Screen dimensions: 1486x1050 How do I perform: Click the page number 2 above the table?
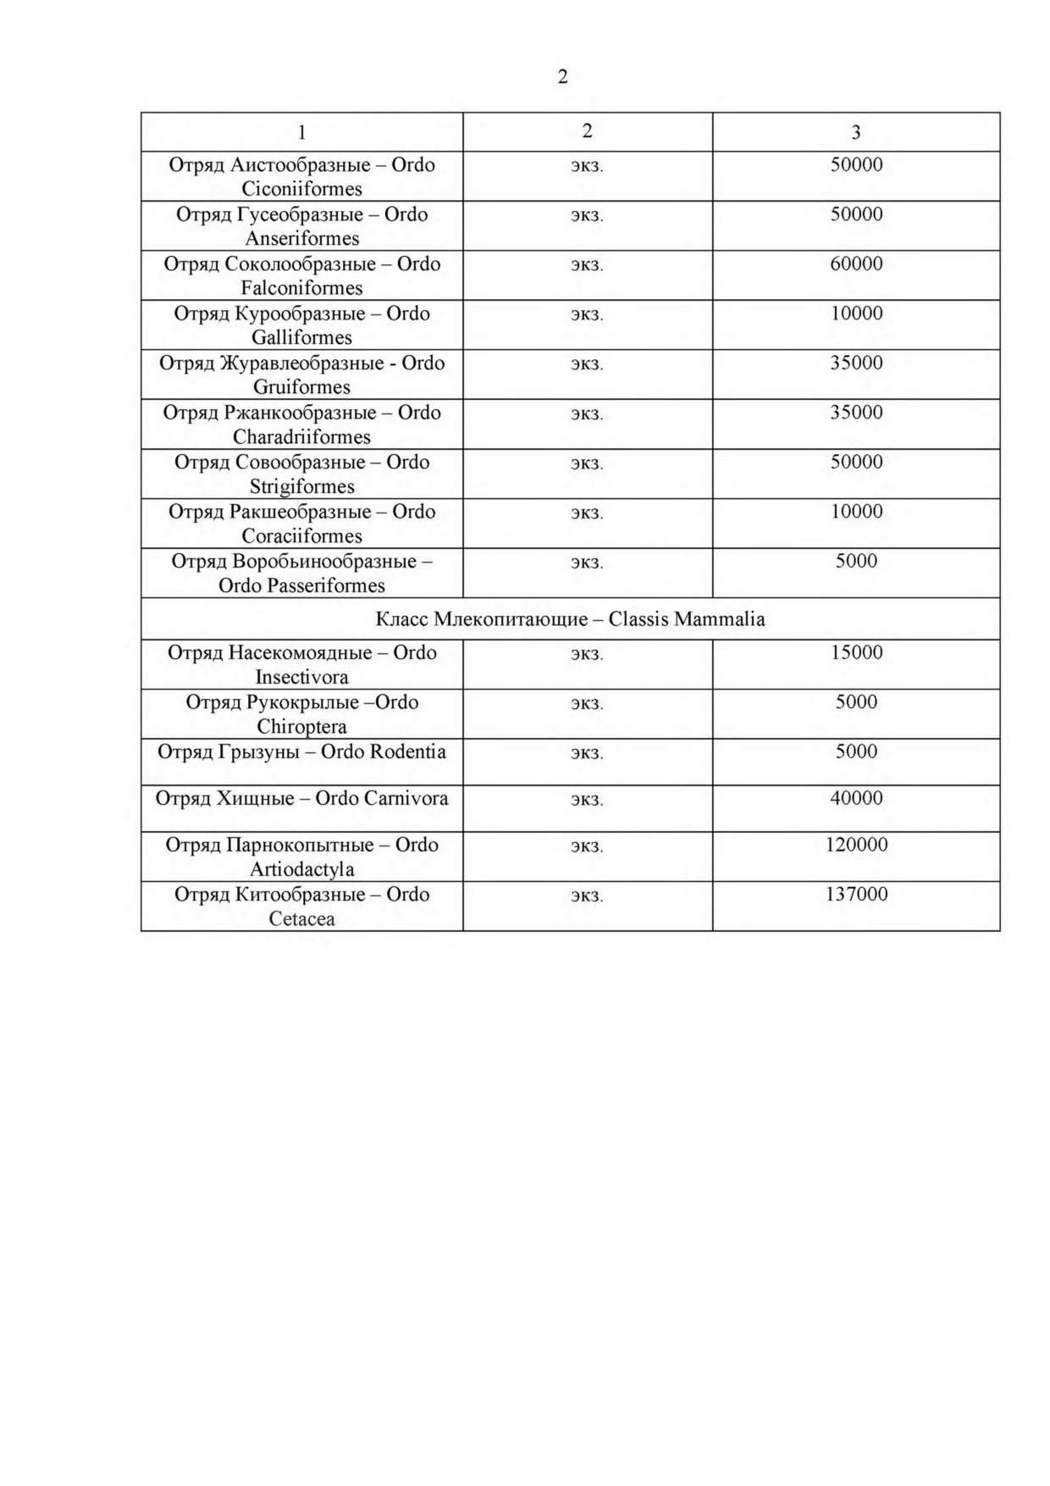coord(562,77)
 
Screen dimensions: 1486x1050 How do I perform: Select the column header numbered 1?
coord(301,133)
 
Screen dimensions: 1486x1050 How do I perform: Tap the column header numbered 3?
coord(855,132)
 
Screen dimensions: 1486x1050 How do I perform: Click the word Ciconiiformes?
coord(301,189)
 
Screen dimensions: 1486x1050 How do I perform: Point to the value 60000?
coord(855,263)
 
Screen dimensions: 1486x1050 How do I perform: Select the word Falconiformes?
coord(301,288)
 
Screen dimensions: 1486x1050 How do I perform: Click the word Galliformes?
coord(301,337)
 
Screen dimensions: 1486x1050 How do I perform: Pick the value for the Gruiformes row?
coord(855,363)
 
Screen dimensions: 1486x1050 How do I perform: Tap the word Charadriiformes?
coord(301,437)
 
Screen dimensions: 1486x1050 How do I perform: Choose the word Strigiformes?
coord(301,486)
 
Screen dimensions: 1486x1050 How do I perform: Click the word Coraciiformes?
coord(301,536)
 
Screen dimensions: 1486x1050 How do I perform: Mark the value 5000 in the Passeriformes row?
coord(855,561)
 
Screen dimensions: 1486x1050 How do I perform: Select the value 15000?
coord(855,652)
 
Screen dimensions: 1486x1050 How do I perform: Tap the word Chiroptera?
coord(301,727)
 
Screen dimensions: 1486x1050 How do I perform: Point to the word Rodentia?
coord(407,751)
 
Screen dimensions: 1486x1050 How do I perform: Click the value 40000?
coord(855,798)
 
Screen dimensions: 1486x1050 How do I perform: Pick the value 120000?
coord(855,845)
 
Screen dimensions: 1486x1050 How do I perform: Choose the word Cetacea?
coord(301,919)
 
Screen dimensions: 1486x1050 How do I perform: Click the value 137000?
coord(855,894)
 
